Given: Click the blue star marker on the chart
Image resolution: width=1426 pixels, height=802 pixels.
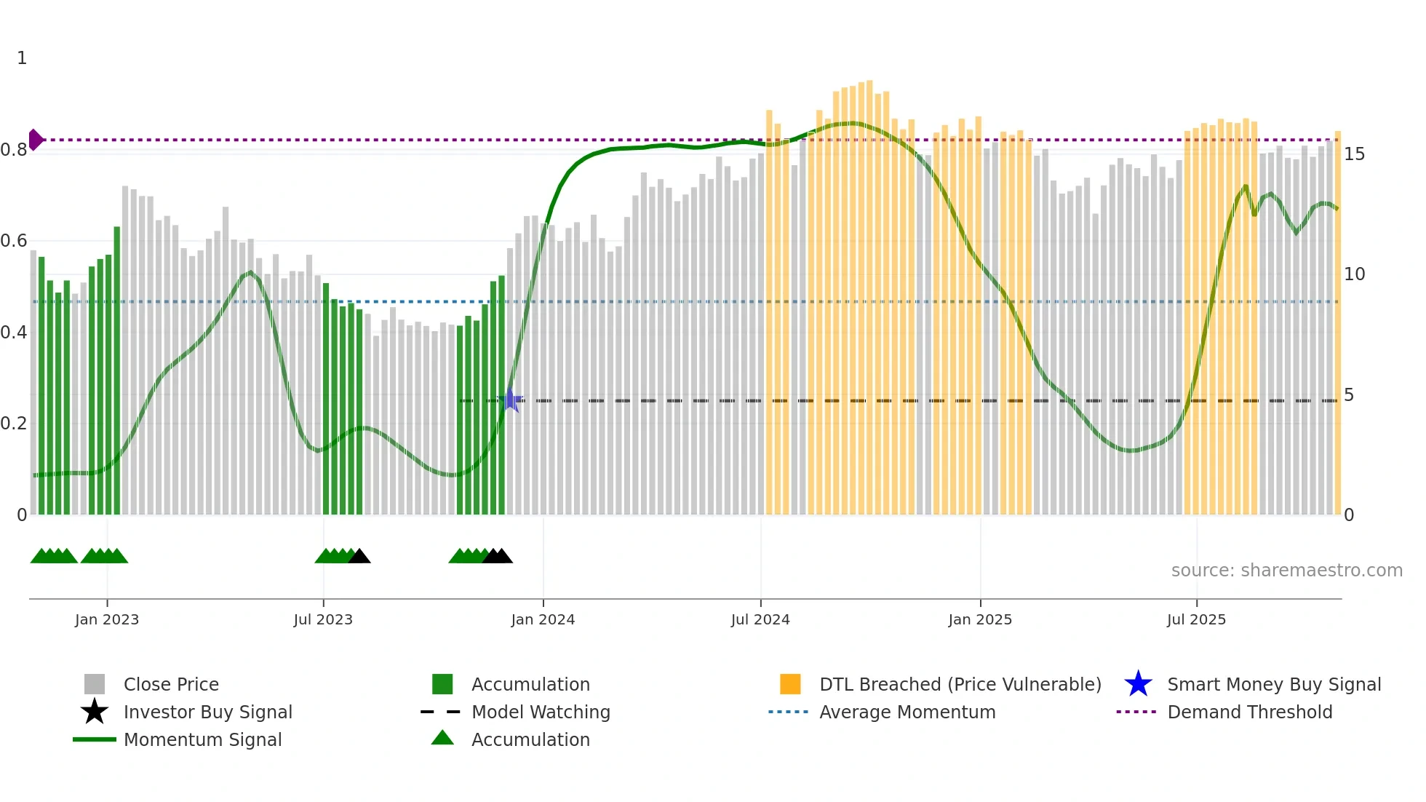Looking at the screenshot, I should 511,400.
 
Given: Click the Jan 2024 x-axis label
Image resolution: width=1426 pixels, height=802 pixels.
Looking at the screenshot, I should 543,619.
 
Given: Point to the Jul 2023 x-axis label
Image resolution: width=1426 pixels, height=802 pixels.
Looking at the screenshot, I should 323,619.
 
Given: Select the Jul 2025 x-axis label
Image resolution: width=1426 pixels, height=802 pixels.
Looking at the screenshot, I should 1196,619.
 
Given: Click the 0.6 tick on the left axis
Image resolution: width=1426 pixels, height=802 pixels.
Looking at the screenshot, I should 14,241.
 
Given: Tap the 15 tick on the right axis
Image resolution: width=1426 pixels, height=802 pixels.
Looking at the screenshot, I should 1354,154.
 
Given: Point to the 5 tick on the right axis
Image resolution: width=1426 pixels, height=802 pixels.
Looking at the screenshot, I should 1349,395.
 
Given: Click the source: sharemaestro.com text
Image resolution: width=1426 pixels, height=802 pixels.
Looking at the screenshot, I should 1286,571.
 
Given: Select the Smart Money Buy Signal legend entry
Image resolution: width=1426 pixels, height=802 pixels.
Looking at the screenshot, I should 1273,685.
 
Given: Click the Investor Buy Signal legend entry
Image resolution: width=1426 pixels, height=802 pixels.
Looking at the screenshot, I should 207,712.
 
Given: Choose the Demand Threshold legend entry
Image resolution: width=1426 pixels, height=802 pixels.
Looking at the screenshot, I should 1249,712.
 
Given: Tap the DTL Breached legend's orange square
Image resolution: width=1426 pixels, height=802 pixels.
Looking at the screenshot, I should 790,685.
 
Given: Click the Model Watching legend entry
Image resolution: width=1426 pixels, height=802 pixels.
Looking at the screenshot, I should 540,712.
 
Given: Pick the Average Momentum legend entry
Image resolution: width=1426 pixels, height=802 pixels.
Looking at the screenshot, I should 907,712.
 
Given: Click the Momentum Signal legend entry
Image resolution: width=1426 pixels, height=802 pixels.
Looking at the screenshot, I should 202,740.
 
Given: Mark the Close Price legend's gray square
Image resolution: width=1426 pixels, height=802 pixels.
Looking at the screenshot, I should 95,685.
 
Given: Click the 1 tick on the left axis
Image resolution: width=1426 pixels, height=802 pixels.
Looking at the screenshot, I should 22,58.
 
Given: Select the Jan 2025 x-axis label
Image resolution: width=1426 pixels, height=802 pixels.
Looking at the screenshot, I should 979,619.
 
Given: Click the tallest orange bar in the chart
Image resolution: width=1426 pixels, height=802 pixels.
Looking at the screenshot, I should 869,291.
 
